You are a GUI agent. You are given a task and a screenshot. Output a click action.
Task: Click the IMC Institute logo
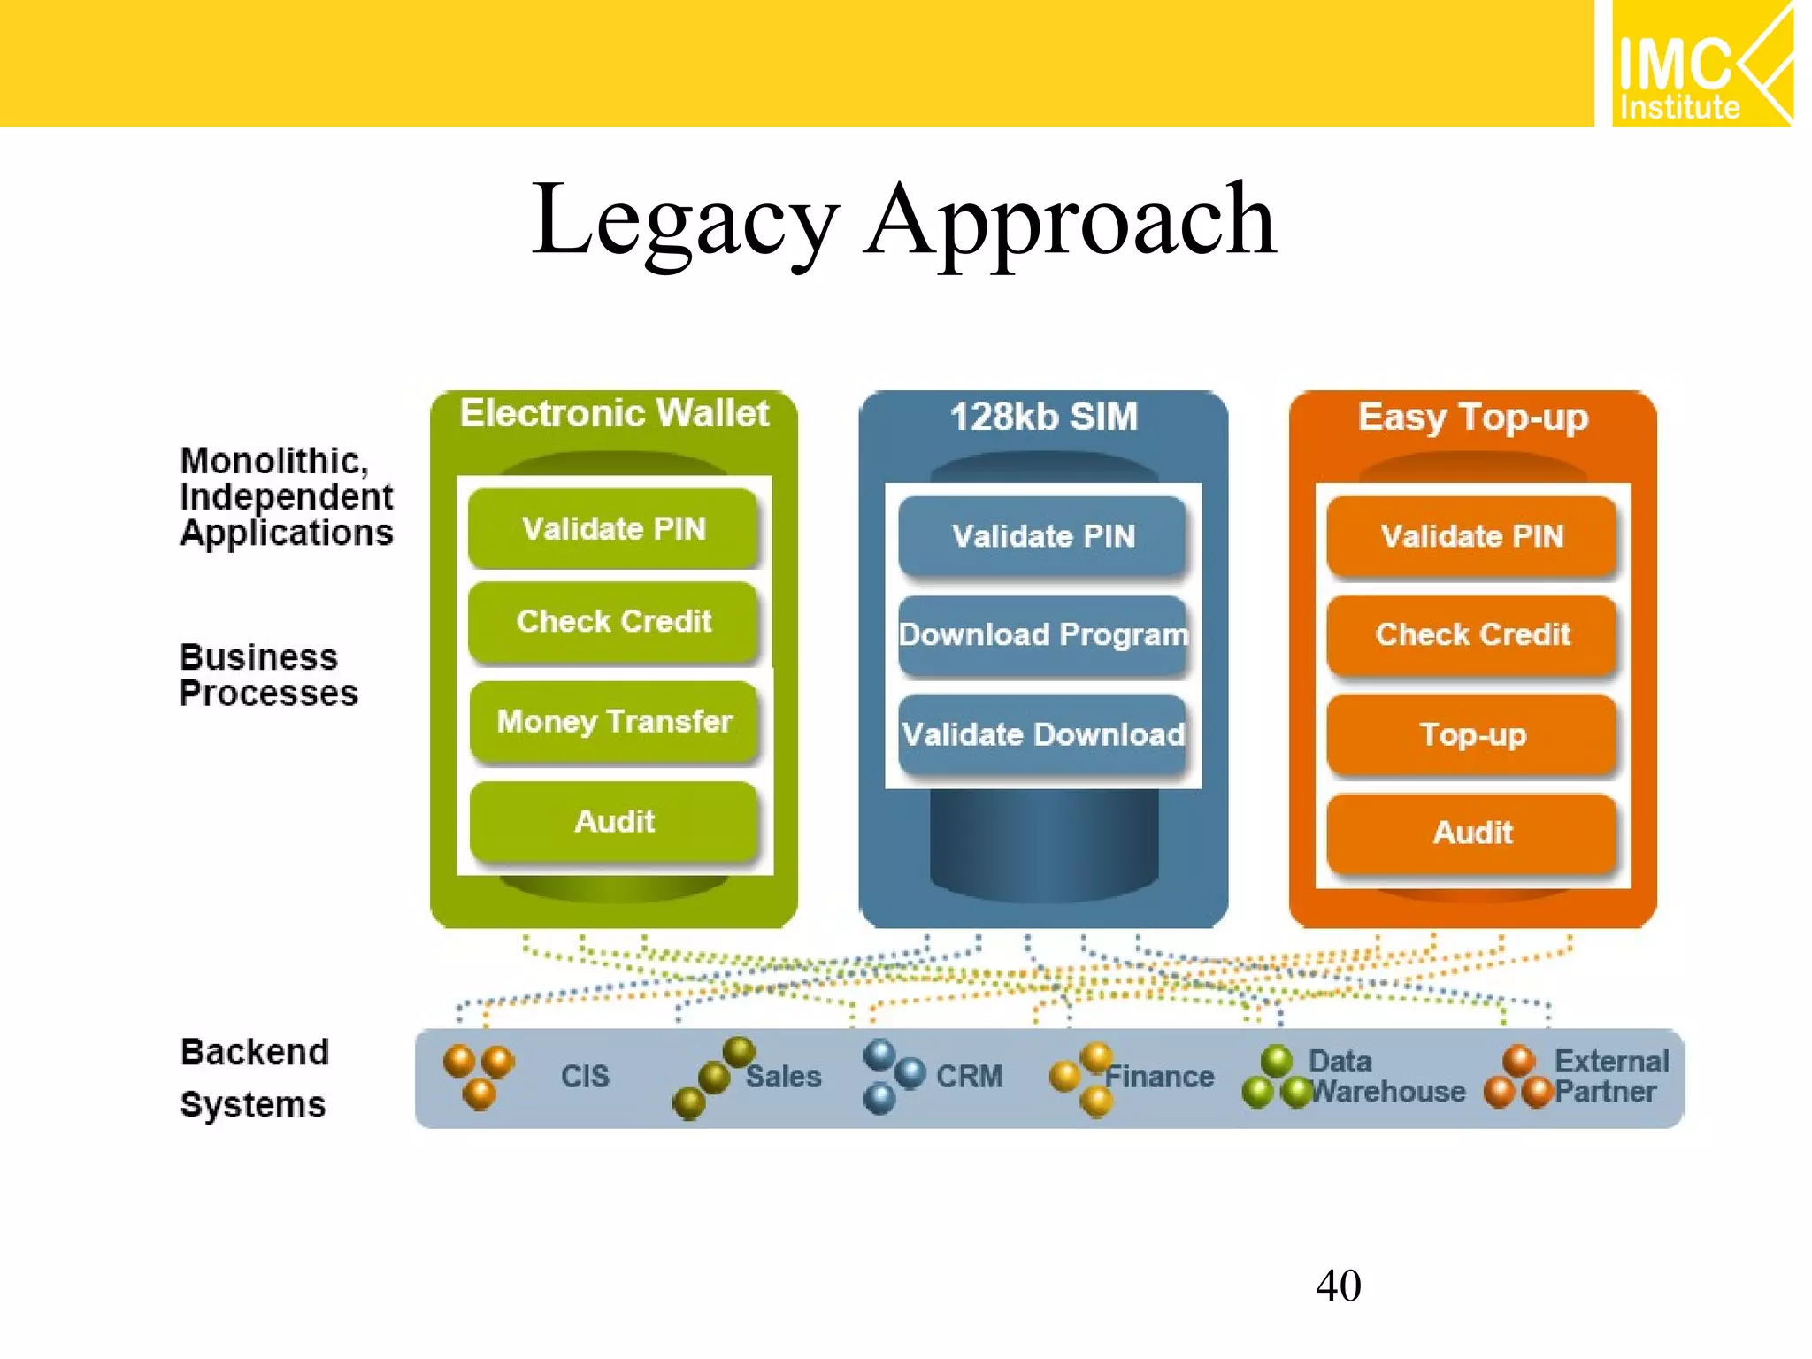1701,64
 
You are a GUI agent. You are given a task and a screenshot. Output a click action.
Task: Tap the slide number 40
1338,1285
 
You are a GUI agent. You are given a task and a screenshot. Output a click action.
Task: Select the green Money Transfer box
614,721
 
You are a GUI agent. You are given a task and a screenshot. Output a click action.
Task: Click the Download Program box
1042,634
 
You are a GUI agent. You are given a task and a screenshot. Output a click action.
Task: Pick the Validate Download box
1042,734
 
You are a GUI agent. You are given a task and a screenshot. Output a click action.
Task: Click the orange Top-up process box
1472,734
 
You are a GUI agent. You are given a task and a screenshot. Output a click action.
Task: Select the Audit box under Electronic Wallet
614,821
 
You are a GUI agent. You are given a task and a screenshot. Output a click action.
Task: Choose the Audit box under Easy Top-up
1472,833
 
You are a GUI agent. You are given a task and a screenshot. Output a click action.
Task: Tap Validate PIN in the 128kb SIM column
1042,535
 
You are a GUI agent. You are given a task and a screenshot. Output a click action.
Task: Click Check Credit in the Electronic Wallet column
614,621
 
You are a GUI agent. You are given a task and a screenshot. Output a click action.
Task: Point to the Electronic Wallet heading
614,413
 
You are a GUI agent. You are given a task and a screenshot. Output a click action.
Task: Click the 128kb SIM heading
1043,417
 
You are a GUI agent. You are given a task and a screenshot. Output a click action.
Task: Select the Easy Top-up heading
1472,417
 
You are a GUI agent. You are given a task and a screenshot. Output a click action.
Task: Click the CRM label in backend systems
969,1076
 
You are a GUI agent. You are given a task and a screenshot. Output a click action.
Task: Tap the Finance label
1159,1076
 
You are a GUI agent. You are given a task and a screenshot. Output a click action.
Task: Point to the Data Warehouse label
1385,1076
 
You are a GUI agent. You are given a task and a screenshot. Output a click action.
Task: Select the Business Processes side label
268,675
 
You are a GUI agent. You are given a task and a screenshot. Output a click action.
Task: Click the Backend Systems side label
254,1078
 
